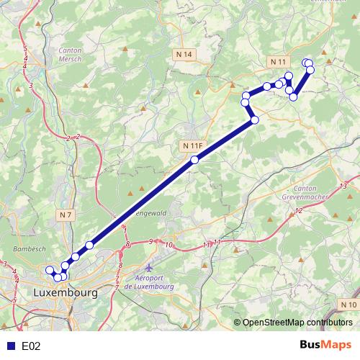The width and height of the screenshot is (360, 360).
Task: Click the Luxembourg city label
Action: point(65,294)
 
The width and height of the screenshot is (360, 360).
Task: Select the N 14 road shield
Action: point(184,55)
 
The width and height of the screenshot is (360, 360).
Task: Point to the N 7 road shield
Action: point(66,215)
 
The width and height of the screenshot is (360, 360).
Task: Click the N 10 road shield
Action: point(348,305)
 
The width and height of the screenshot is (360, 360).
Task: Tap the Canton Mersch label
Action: point(68,55)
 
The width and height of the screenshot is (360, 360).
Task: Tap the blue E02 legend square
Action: point(9,346)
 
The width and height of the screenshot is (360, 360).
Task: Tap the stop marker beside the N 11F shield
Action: point(194,160)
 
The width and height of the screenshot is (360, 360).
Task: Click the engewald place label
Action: point(150,213)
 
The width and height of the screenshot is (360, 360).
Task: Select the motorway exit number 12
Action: point(298,211)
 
